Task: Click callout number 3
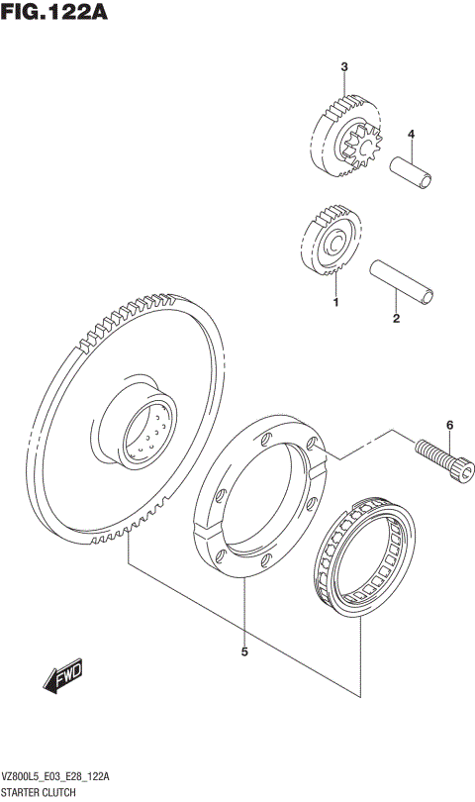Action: tap(343, 67)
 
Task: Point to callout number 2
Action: tap(396, 319)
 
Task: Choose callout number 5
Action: tap(243, 652)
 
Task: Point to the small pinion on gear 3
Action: tap(356, 150)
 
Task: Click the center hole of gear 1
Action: tap(333, 244)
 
